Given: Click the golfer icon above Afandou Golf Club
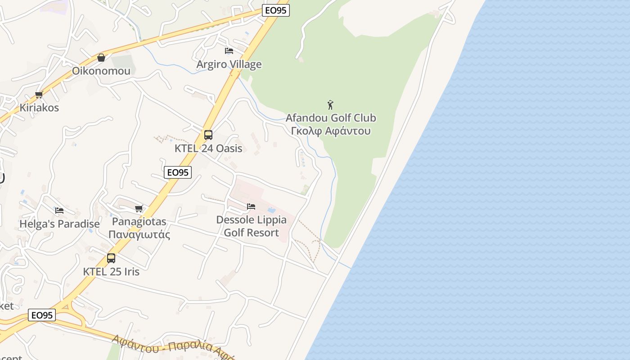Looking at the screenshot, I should point(330,105).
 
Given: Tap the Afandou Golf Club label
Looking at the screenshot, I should point(331,118).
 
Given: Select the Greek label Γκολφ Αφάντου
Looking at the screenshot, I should point(331,131).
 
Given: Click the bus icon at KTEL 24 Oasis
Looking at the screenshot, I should point(208,135).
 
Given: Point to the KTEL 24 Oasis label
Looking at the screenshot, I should point(208,148).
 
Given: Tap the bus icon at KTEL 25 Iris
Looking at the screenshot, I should point(111,258).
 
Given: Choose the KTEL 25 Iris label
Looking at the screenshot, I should point(111,272).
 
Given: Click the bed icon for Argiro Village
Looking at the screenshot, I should point(229,51).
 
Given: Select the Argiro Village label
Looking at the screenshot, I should point(229,64).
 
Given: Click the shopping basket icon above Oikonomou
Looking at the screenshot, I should point(101,58).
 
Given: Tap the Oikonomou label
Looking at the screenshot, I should point(101,71).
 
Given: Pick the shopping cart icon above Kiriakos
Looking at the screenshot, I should point(39,95).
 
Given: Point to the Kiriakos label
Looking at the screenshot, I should point(39,108).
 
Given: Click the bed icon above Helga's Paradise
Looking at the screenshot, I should point(59,210).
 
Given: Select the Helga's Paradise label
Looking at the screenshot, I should point(59,224).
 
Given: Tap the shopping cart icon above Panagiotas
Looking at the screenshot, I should point(139,208).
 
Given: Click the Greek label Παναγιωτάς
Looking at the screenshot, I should point(139,235).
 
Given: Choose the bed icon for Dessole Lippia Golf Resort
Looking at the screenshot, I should point(251,207).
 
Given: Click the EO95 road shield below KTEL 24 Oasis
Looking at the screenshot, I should point(178,172).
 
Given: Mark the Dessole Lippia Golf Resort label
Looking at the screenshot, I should point(251,226).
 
